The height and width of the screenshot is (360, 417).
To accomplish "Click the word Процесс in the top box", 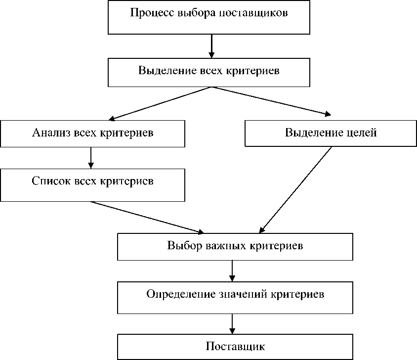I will (x=148, y=13).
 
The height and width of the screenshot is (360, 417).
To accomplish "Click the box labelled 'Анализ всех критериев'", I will (x=92, y=133).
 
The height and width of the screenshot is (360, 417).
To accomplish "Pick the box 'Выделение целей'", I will (x=331, y=133).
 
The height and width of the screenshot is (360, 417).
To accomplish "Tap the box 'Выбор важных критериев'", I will (x=235, y=246).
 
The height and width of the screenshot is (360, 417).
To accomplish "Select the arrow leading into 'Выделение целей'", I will (x=272, y=101).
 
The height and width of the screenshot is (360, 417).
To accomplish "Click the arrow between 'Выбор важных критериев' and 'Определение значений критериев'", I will (x=232, y=270).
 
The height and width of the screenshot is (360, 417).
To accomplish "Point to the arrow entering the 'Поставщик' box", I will (x=232, y=324).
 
